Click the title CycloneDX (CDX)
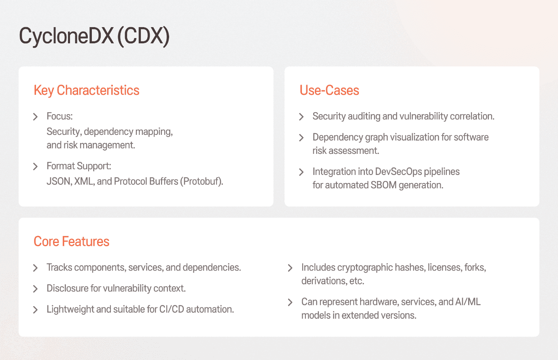[x=94, y=36]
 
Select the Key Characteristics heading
[x=87, y=90]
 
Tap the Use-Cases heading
[x=329, y=90]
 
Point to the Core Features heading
[x=72, y=241]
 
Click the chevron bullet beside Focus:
[x=36, y=117]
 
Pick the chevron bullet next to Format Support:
[x=36, y=166]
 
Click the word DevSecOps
[x=399, y=172]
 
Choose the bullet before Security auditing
[x=301, y=117]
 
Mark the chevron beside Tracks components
[x=36, y=268]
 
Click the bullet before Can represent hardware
[x=290, y=302]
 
